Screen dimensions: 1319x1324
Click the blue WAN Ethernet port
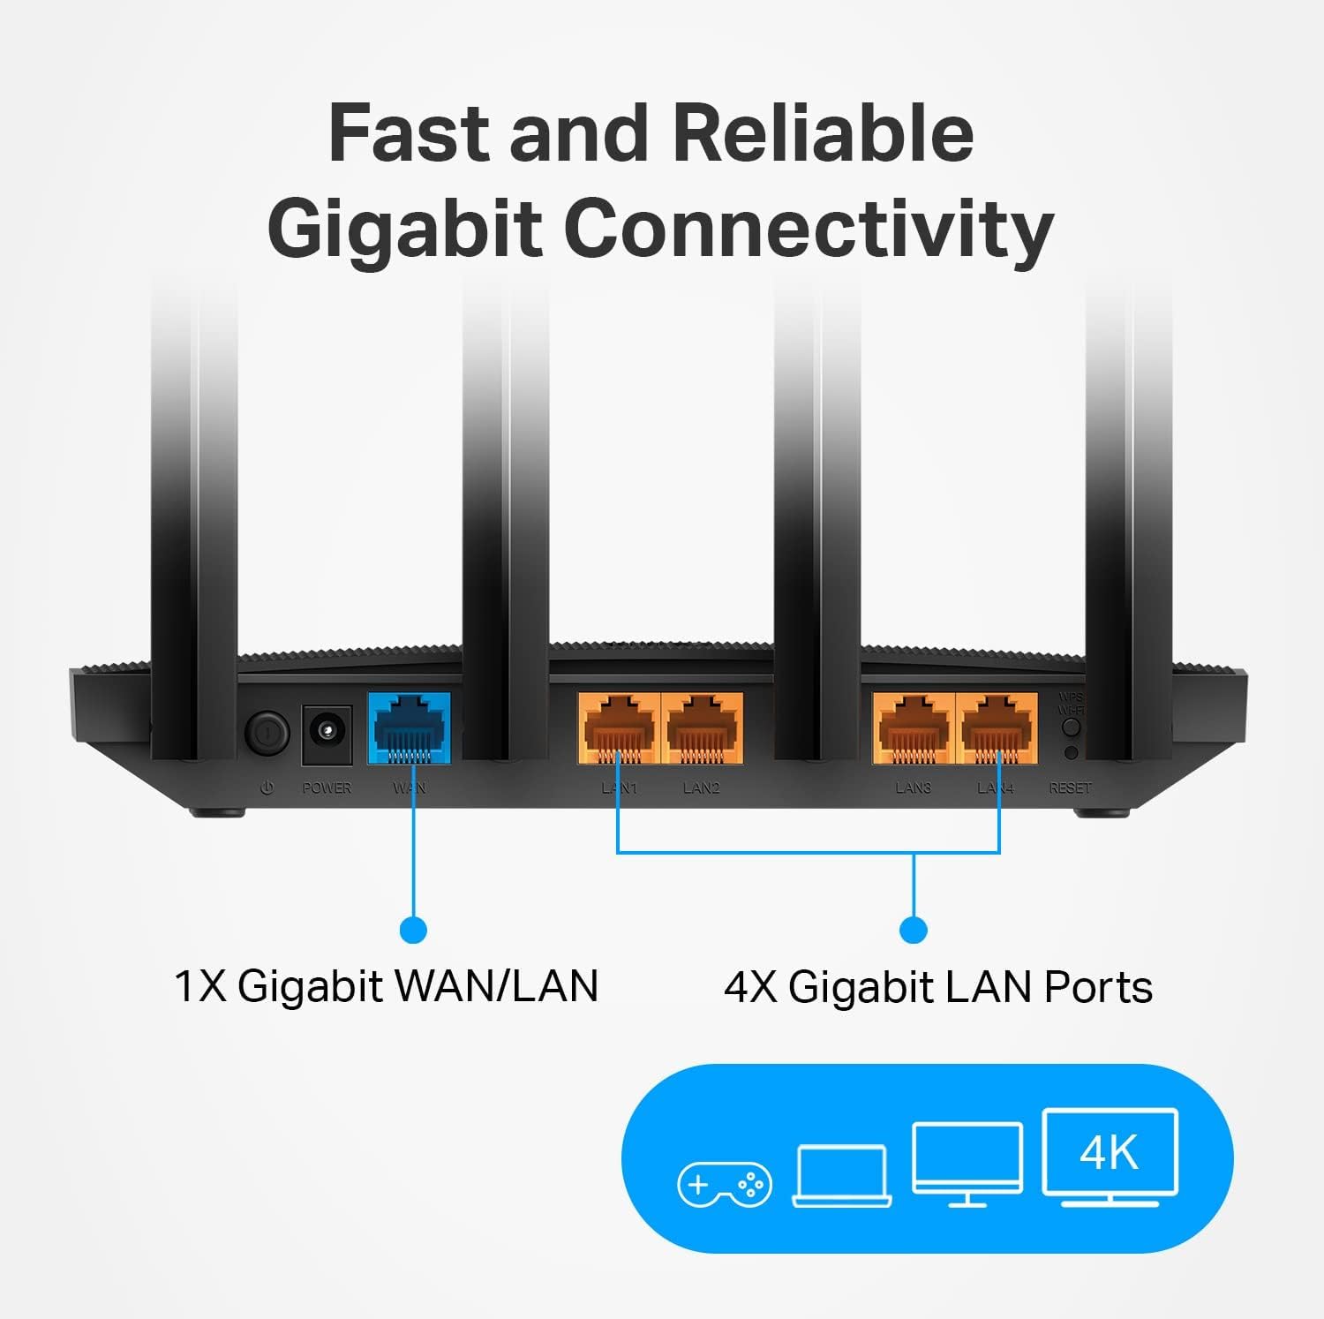coord(409,728)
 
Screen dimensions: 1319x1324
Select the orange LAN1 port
coord(619,728)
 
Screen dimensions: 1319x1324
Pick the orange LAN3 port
coord(914,728)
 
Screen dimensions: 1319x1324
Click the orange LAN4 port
coord(997,728)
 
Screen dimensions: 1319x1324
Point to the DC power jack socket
coord(327,734)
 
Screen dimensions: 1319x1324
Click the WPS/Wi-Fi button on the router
coord(1071,727)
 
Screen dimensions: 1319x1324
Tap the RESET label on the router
coord(1070,788)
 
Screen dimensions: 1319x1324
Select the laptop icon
coord(842,1175)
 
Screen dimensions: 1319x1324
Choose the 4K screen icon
coord(1110,1157)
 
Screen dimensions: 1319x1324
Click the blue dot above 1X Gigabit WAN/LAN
coord(413,930)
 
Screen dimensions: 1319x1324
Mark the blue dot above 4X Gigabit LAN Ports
coord(914,930)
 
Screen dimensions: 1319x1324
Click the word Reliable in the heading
coord(823,133)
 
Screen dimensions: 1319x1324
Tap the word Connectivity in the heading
coord(808,229)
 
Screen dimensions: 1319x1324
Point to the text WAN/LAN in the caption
coord(497,986)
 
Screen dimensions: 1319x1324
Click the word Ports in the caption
coord(1098,987)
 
